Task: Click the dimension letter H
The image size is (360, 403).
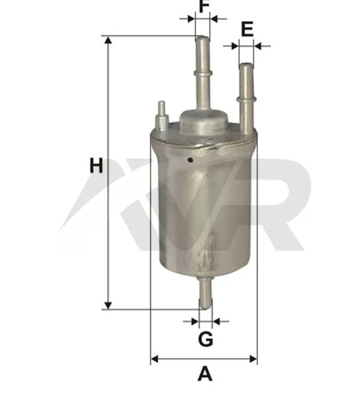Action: (96, 166)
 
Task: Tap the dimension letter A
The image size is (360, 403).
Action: (205, 374)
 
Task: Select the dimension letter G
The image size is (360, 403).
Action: (206, 339)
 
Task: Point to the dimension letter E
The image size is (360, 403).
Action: (247, 29)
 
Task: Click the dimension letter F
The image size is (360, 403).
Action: (204, 6)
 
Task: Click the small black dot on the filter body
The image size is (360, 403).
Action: (191, 160)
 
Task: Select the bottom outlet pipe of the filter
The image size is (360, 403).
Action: (206, 293)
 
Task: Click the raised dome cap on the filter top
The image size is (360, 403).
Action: (203, 122)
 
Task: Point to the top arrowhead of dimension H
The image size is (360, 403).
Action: (108, 41)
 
